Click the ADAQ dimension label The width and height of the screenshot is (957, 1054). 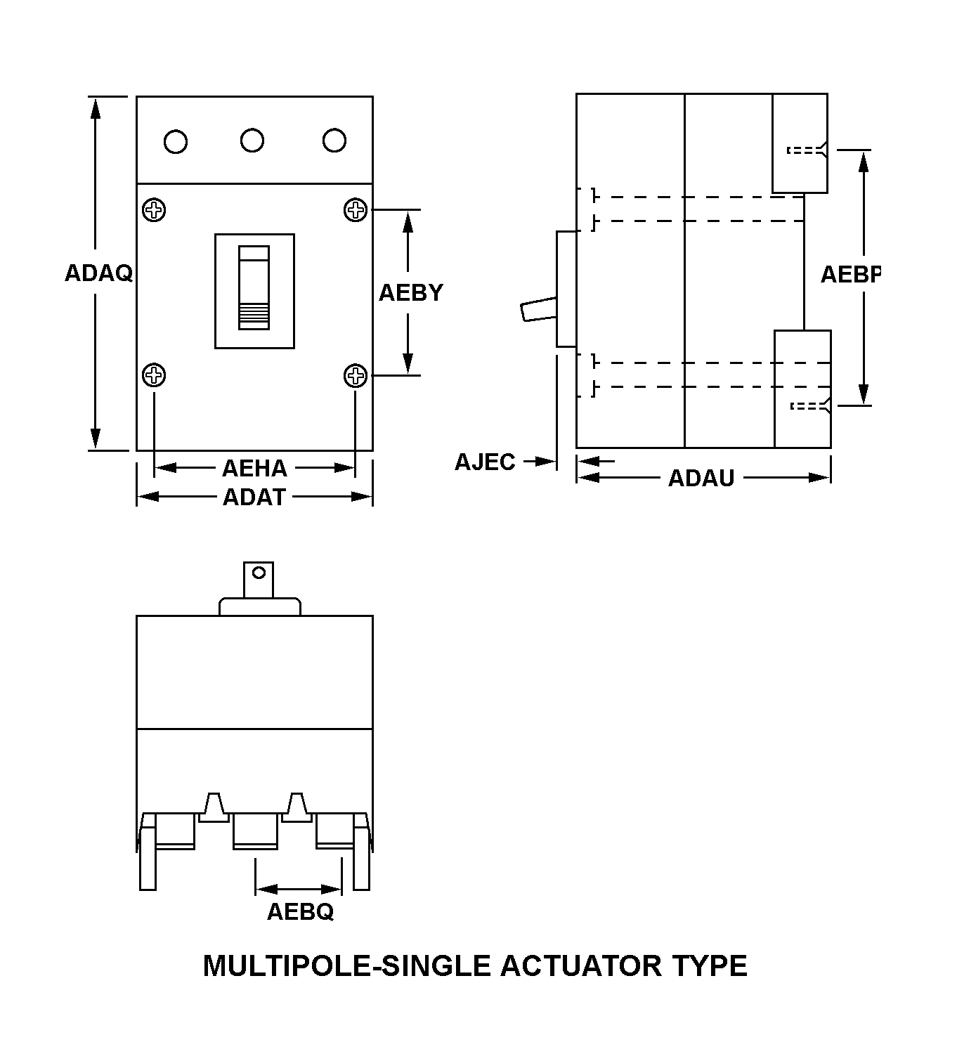click(99, 273)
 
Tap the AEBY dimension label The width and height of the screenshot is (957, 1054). click(411, 293)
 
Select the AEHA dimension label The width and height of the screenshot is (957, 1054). click(255, 468)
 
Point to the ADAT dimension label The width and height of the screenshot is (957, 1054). click(254, 497)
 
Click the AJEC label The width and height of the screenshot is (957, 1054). click(485, 462)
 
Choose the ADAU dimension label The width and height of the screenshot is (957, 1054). click(701, 479)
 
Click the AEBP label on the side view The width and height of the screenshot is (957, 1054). click(850, 275)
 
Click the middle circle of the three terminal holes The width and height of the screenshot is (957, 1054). click(252, 141)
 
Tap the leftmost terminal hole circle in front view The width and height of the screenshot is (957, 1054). click(176, 142)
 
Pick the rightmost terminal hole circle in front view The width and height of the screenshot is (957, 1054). click(334, 141)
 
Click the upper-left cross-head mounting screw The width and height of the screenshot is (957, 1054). click(154, 210)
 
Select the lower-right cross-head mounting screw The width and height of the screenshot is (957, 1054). click(356, 376)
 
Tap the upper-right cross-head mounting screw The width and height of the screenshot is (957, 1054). click(356, 210)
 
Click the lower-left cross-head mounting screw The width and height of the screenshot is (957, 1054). click(154, 376)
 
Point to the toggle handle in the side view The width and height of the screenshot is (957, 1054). click(539, 309)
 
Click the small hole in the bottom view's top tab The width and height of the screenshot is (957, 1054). click(259, 572)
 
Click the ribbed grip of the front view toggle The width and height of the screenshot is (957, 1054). click(254, 316)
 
